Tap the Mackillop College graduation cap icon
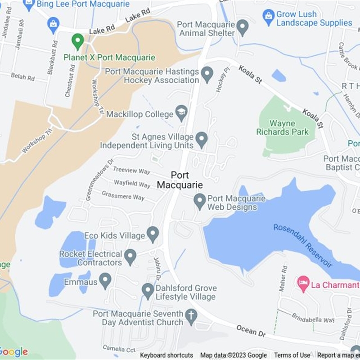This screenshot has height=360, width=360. pyautogui.click(x=181, y=113)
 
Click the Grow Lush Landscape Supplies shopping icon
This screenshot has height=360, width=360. pyautogui.click(x=269, y=18)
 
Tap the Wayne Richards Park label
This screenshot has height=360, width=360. pyautogui.click(x=283, y=127)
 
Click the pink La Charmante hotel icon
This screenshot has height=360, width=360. pyautogui.click(x=304, y=284)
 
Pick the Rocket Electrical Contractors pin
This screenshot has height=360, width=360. pyautogui.click(x=130, y=256)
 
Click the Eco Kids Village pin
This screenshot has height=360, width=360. pyautogui.click(x=153, y=234)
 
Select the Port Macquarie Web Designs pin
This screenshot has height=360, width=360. pyautogui.click(x=200, y=201)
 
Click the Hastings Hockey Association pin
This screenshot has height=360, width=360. pyautogui.click(x=207, y=74)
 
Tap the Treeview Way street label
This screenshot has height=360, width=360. pyautogui.click(x=131, y=171)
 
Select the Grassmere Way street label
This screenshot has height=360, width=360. pyautogui.click(x=123, y=196)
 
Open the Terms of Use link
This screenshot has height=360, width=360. pyautogui.click(x=292, y=355)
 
